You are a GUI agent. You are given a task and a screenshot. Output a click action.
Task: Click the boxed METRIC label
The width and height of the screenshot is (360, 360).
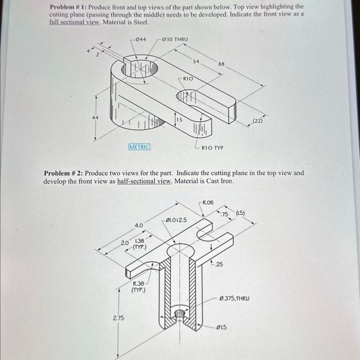[139, 147]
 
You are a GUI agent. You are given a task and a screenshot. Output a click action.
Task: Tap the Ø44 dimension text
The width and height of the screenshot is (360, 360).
[140, 40]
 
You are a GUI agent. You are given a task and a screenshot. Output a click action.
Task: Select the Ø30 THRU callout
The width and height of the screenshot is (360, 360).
[175, 40]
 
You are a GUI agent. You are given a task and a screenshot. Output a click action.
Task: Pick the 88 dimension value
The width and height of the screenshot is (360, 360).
[221, 64]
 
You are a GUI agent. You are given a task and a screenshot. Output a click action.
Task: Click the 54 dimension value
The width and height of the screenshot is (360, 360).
[196, 61]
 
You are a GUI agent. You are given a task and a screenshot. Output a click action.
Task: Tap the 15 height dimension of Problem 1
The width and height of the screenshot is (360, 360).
[179, 119]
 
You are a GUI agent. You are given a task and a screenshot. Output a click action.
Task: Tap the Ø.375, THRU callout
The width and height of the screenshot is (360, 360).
[234, 298]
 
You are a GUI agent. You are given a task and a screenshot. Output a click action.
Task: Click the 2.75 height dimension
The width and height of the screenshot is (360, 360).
[118, 318]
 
